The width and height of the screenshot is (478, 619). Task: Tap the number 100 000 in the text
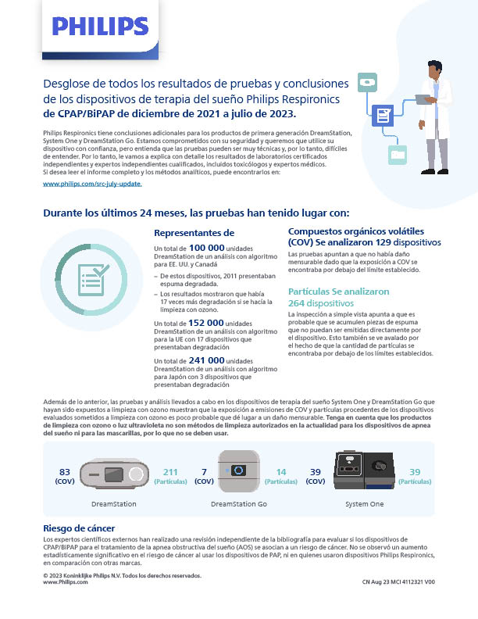coord(206,247)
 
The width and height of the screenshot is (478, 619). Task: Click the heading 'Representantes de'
coord(194,233)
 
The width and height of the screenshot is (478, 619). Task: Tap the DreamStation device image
coord(114,472)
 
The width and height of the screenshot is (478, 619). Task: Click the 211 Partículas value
coord(169,476)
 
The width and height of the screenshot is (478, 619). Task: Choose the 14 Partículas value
coord(282,476)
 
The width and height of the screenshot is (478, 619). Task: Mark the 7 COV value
coord(204,476)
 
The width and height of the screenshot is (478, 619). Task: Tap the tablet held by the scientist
coord(424,99)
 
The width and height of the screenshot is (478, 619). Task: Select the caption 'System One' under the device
coord(366,504)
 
